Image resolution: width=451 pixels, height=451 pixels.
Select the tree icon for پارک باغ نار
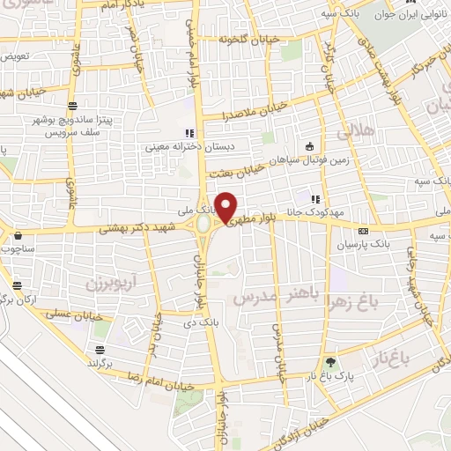(x=330, y=361)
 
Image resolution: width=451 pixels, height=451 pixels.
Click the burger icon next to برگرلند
(x=99, y=350)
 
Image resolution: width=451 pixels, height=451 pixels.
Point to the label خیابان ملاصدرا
(x=231, y=115)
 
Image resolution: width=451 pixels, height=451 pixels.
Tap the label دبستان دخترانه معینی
(x=190, y=146)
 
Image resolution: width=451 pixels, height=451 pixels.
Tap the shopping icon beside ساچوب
(x=18, y=236)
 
